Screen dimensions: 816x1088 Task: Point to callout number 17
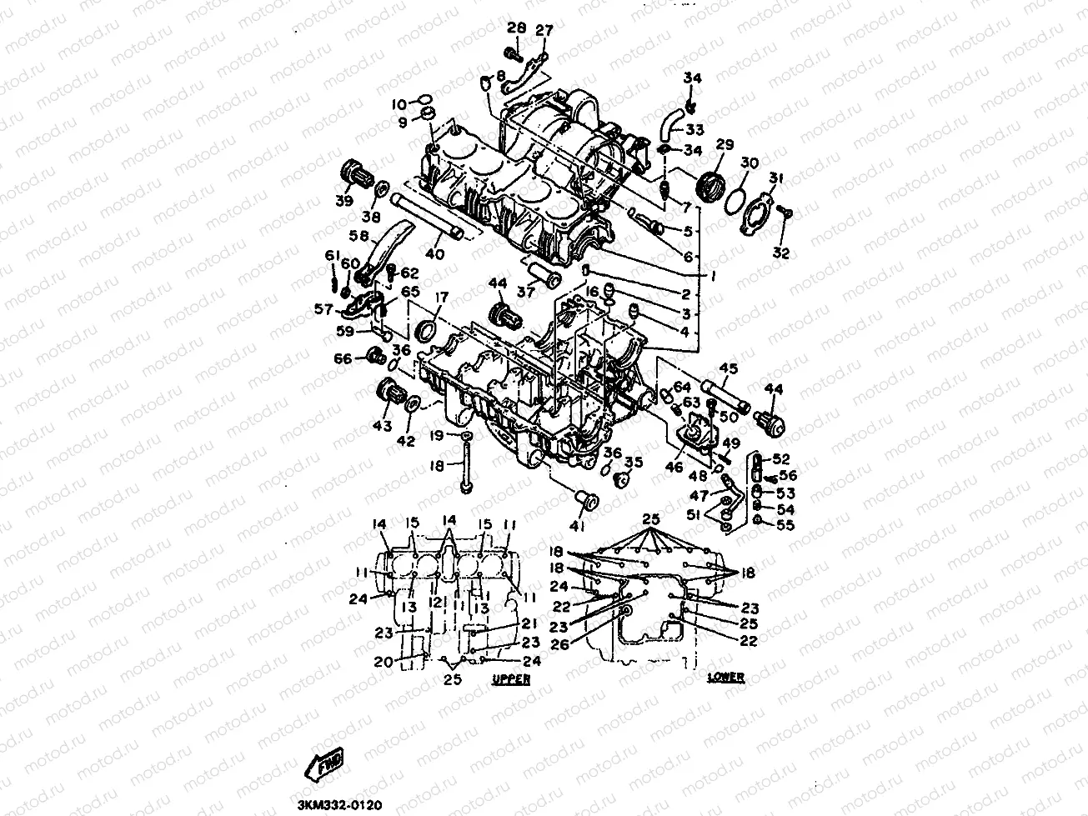point(440,297)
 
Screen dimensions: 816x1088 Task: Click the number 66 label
point(343,358)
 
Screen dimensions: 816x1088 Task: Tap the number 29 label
point(724,146)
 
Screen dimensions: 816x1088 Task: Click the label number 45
point(728,368)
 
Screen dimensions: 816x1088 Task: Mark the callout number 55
point(785,525)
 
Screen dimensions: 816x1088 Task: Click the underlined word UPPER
point(511,680)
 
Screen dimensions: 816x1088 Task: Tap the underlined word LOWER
point(724,678)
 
